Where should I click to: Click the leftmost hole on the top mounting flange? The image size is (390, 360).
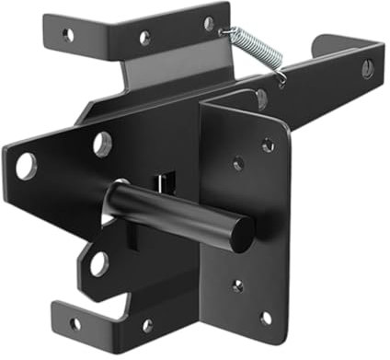point(68,34)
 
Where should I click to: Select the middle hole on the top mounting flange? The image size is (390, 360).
point(144,38)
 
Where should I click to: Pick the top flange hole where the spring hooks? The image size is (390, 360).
point(209,24)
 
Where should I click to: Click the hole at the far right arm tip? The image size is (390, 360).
point(367,67)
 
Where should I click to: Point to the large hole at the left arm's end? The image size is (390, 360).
point(26,166)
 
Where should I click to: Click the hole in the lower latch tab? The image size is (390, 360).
point(96,265)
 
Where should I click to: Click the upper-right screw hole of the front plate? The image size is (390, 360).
point(267,145)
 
